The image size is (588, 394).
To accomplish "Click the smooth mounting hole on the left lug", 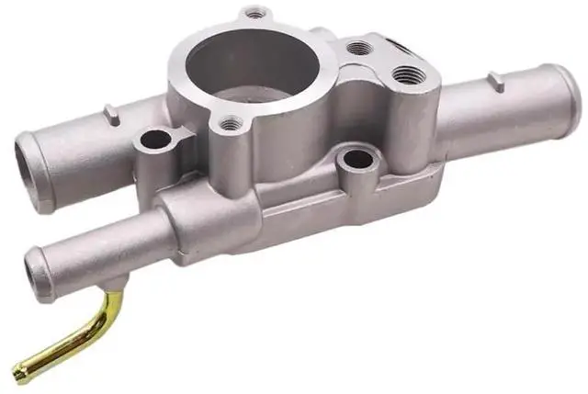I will (x=155, y=141).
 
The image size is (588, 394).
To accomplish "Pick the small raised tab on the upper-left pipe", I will (x=112, y=115).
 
